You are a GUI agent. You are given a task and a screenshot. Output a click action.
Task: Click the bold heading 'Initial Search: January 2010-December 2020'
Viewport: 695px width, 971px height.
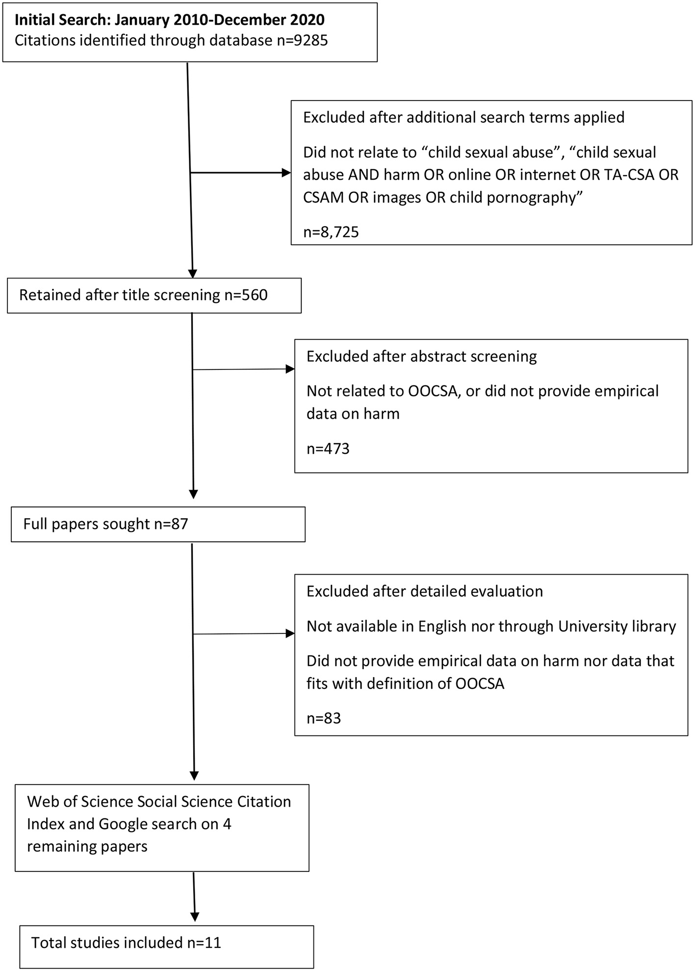pyautogui.click(x=169, y=20)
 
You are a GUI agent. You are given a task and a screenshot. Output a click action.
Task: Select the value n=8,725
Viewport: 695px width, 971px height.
pyautogui.click(x=331, y=232)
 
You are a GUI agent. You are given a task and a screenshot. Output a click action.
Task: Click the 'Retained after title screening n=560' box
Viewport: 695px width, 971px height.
pyautogui.click(x=154, y=295)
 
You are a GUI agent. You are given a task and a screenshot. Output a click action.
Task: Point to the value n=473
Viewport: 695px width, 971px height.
pyautogui.click(x=328, y=448)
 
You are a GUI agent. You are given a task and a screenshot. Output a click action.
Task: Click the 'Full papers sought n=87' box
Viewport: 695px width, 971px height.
pyautogui.click(x=157, y=524)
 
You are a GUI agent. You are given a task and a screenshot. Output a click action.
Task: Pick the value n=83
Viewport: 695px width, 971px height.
pyautogui.click(x=323, y=718)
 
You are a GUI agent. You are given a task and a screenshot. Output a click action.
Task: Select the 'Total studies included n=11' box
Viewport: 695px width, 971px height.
pyautogui.click(x=166, y=943)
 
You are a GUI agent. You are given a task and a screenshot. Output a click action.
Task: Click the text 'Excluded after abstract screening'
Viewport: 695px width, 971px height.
pyautogui.click(x=421, y=356)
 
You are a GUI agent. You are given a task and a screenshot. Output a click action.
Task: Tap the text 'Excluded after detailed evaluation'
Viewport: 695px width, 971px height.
pyautogui.click(x=424, y=591)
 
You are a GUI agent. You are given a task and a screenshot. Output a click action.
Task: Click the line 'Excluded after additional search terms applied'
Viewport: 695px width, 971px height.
pyautogui.click(x=463, y=118)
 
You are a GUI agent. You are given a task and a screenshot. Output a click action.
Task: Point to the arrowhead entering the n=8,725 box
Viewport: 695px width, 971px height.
pyautogui.click(x=286, y=173)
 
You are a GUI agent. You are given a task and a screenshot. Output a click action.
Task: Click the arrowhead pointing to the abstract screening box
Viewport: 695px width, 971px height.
pyautogui.click(x=290, y=369)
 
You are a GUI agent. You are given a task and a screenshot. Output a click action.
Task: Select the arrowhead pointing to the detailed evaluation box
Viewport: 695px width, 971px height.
pyautogui.click(x=290, y=633)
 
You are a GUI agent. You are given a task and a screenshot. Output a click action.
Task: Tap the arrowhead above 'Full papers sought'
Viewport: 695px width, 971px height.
pyautogui.click(x=194, y=494)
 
